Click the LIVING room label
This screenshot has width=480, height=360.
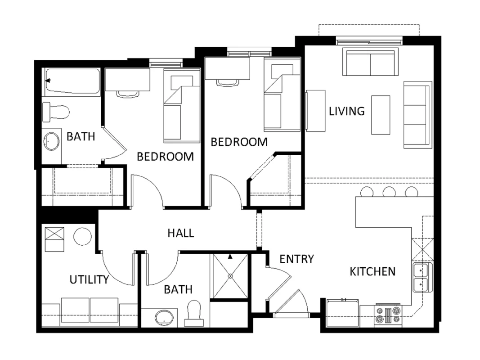point(346,111)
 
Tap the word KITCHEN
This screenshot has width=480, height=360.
point(372,271)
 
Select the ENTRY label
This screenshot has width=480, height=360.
point(296,259)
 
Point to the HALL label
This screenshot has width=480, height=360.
point(180,233)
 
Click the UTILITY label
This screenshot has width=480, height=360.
point(89,279)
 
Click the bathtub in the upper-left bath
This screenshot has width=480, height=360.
point(72,82)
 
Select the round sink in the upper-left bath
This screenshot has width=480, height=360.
point(51,141)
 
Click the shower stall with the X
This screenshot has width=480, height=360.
point(230,276)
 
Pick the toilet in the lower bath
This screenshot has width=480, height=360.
point(194,313)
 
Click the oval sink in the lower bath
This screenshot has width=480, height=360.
point(164,318)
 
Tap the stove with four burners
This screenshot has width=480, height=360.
point(388,315)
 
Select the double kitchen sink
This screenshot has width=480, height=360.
point(421,277)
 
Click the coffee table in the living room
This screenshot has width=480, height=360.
point(381,115)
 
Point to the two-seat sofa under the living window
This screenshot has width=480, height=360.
point(371,62)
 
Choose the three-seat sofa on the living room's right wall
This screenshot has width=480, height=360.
point(418,115)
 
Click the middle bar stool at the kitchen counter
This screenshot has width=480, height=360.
point(389,192)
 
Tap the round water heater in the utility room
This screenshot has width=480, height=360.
point(82,236)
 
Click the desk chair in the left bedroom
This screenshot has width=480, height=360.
point(127,94)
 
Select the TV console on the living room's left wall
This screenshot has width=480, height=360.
point(315,111)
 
